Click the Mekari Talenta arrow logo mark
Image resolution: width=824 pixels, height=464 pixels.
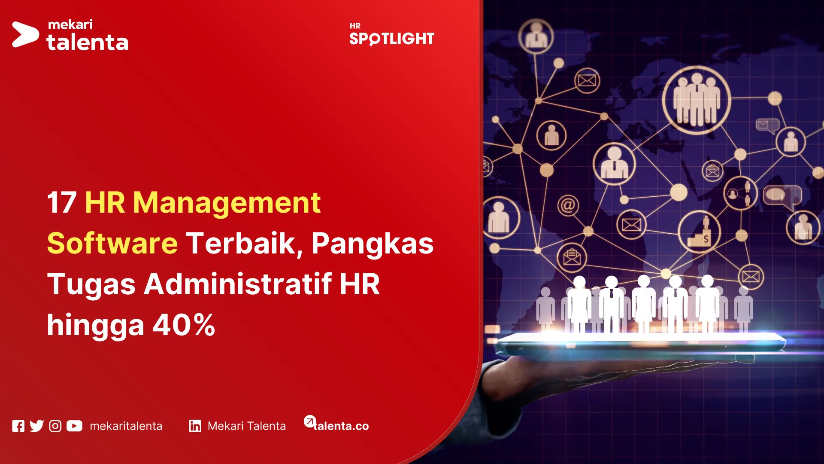[x=25, y=34]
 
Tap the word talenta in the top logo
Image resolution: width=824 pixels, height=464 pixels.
[x=88, y=43]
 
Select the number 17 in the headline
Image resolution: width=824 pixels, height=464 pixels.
[x=61, y=202]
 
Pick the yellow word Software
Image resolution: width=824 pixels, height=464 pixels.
[x=112, y=243]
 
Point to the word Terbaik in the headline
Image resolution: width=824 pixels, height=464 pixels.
[x=241, y=243]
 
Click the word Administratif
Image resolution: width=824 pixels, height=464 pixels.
[x=237, y=284]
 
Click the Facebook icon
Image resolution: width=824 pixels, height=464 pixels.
[x=18, y=426]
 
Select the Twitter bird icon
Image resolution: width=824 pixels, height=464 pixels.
[x=37, y=426]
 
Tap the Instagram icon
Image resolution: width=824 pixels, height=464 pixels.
[x=55, y=426]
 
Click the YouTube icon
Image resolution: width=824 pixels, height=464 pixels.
[x=74, y=426]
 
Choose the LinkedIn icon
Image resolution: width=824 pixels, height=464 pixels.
[x=195, y=426]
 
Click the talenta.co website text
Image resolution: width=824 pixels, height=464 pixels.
[x=341, y=426]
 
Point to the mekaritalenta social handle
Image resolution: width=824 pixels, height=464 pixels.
[x=126, y=426]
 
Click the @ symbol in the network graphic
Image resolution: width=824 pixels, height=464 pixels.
[x=568, y=205]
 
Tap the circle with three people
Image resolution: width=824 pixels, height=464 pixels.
[x=696, y=100]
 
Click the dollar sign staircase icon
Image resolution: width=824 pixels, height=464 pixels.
[x=699, y=232]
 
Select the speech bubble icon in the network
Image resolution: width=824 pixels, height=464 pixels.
[x=782, y=196]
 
